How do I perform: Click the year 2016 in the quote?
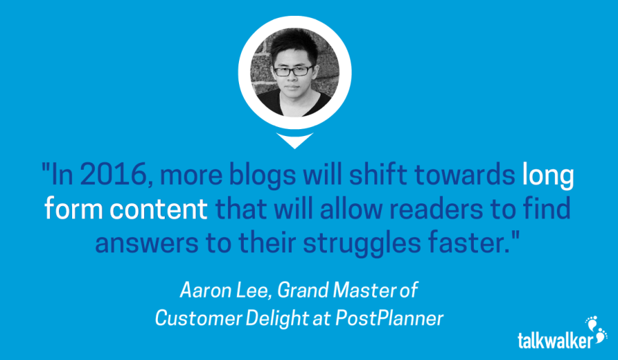(114, 175)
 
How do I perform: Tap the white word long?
(548, 176)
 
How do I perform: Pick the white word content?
(159, 209)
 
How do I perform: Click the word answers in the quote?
(147, 244)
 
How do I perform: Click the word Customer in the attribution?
(198, 318)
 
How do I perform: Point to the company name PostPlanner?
(389, 318)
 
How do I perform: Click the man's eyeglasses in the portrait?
(293, 71)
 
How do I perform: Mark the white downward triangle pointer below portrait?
(295, 140)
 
